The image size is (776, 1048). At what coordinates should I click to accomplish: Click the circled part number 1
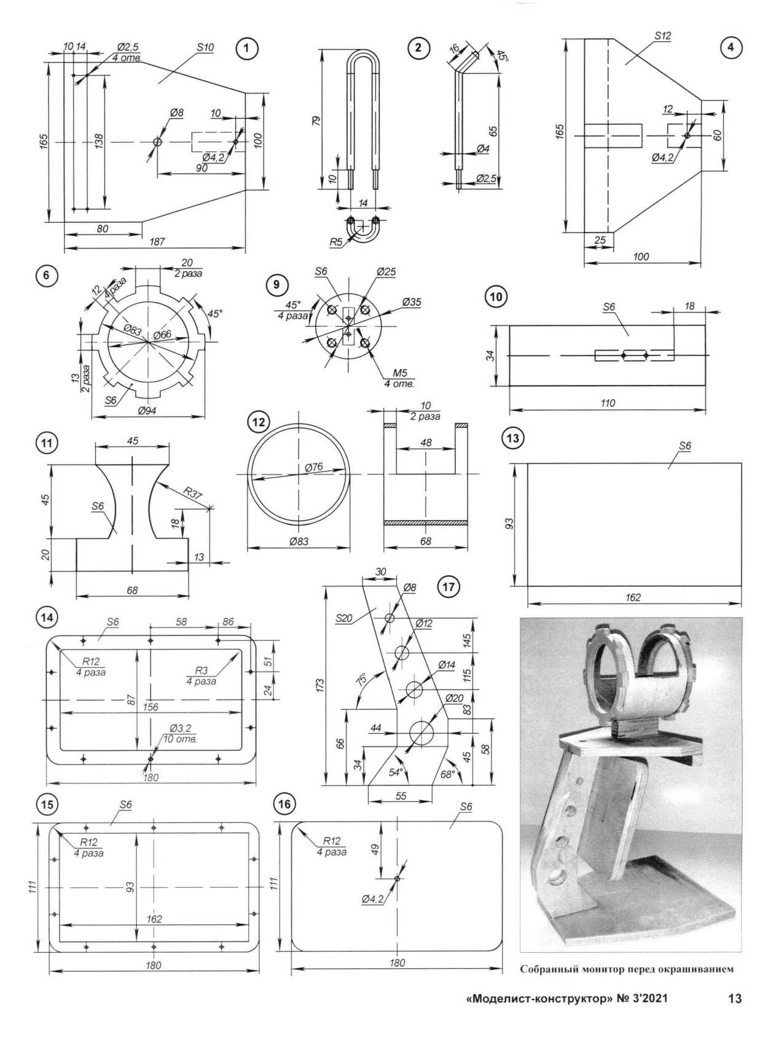click(246, 49)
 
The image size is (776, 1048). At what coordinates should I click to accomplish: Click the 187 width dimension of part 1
click(157, 242)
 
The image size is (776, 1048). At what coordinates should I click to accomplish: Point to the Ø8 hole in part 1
click(158, 142)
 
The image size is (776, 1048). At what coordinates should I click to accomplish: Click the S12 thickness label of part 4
click(662, 36)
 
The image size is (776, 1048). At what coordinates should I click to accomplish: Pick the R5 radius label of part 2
click(335, 242)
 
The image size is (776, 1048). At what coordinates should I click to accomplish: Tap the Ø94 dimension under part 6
click(147, 411)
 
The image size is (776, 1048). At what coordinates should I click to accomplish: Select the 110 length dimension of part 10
click(608, 403)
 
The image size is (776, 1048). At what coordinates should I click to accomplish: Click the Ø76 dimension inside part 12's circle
click(313, 468)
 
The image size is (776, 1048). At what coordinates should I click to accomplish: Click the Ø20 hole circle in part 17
click(422, 732)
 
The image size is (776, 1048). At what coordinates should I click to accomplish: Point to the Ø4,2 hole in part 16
click(398, 879)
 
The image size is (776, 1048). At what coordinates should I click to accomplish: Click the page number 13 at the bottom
click(735, 999)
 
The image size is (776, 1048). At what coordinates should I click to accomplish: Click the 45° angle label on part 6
click(214, 314)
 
